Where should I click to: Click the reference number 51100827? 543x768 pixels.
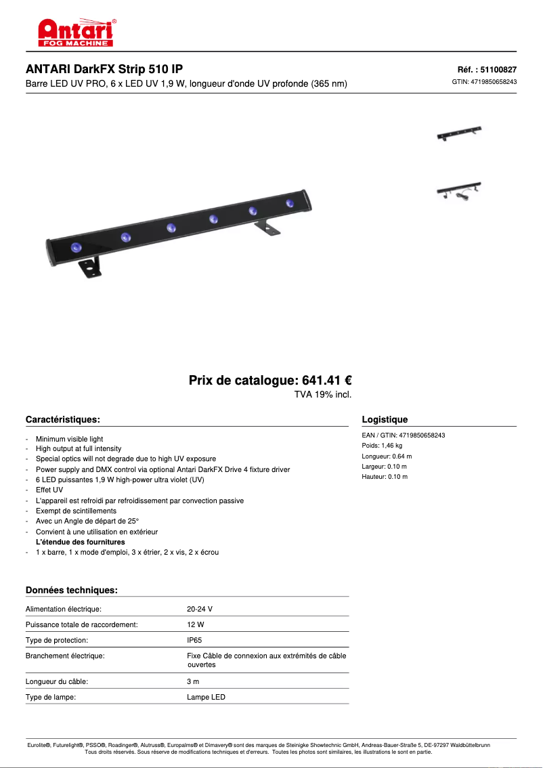tap(498, 69)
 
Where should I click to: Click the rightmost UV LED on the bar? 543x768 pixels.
tap(290, 202)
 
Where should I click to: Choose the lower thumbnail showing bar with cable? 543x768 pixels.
tap(458, 190)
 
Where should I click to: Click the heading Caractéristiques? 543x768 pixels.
tap(63, 420)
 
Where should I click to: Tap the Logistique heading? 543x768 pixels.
tap(385, 420)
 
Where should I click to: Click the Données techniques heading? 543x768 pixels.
tap(72, 591)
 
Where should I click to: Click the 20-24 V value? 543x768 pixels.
tap(200, 609)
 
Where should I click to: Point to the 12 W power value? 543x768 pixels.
tap(196, 624)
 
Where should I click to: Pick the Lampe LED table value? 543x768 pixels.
tap(206, 697)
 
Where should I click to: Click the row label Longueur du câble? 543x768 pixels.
tap(57, 681)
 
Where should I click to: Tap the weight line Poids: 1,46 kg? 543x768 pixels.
tap(382, 446)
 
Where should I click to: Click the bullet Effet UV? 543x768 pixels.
tap(49, 490)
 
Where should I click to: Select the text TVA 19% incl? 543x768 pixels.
tap(322, 394)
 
